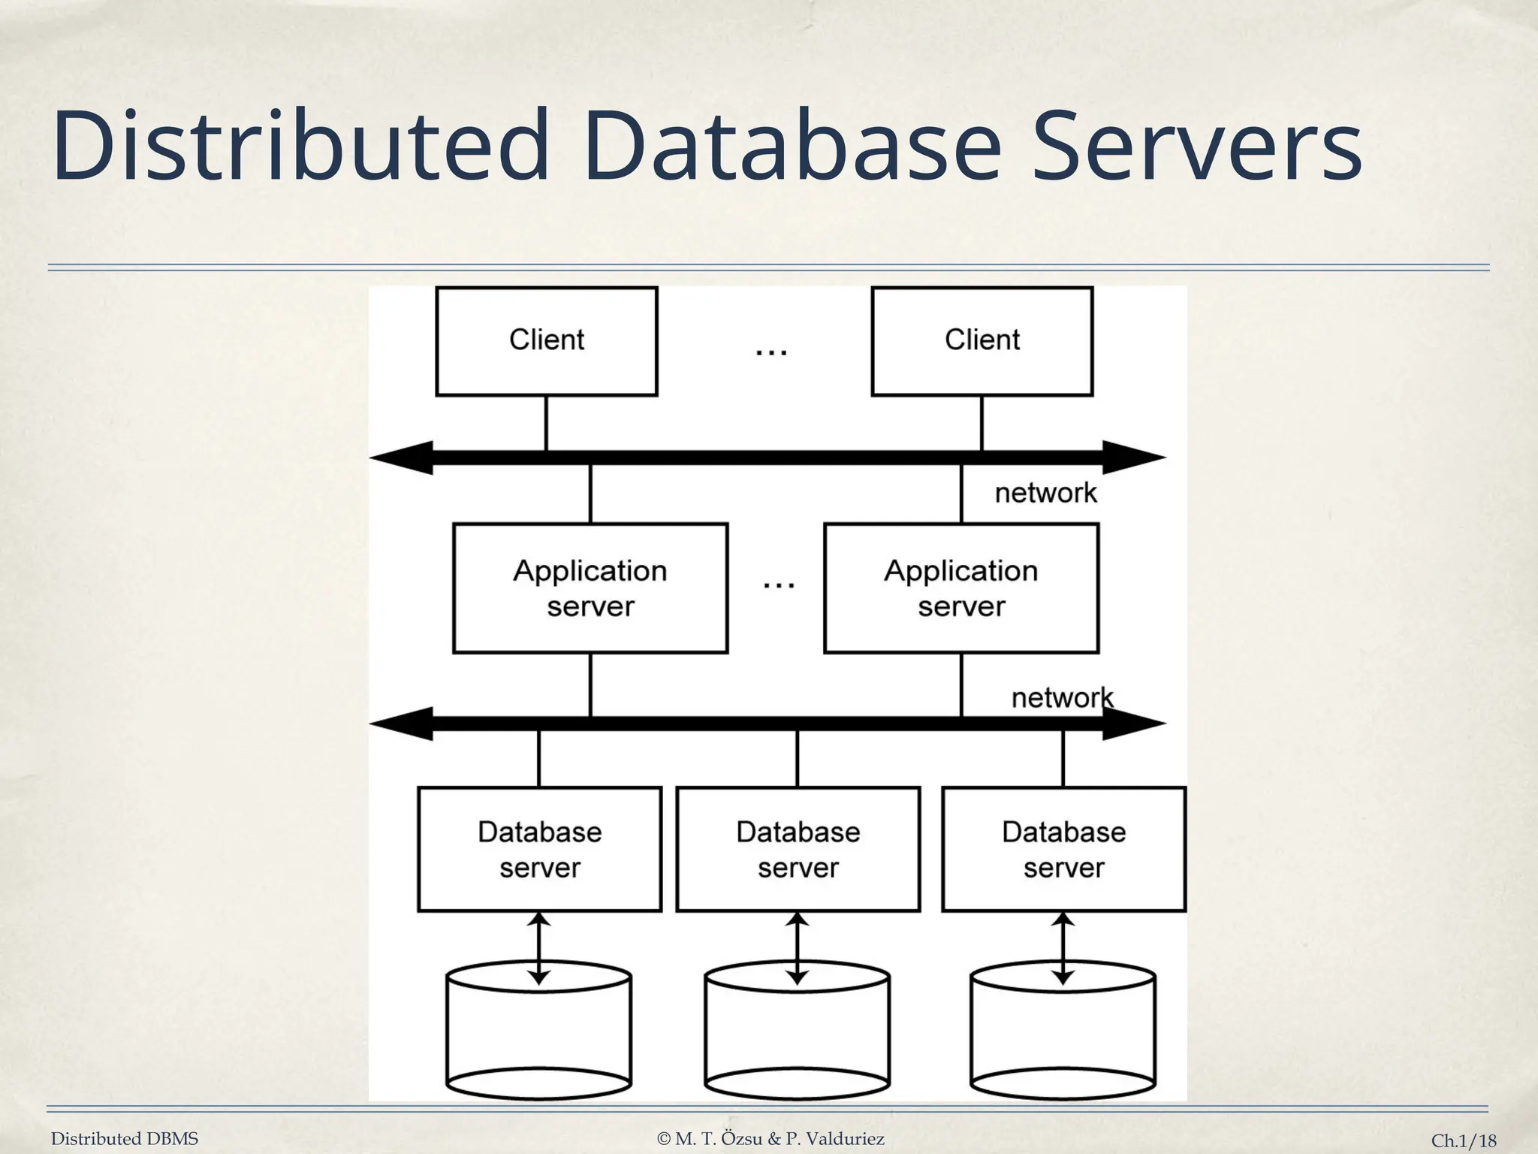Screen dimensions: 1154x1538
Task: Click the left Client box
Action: [546, 341]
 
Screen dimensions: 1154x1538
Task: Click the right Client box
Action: [982, 341]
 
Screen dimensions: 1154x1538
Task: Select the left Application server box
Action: [590, 588]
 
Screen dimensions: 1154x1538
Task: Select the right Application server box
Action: [961, 588]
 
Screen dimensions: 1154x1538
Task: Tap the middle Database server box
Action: [798, 849]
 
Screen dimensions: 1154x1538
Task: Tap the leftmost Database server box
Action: [539, 849]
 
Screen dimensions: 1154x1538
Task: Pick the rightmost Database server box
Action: [1063, 849]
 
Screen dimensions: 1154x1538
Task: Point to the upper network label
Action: [1045, 494]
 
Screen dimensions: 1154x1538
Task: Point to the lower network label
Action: [1062, 698]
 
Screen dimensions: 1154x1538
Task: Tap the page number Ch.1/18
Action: [1463, 1140]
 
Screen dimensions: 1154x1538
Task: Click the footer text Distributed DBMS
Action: [125, 1139]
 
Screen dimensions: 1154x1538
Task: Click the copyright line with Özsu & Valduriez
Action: [771, 1139]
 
